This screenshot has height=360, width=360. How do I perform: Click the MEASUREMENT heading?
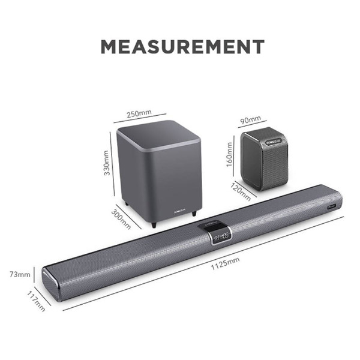182,46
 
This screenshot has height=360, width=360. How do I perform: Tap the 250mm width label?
139,113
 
